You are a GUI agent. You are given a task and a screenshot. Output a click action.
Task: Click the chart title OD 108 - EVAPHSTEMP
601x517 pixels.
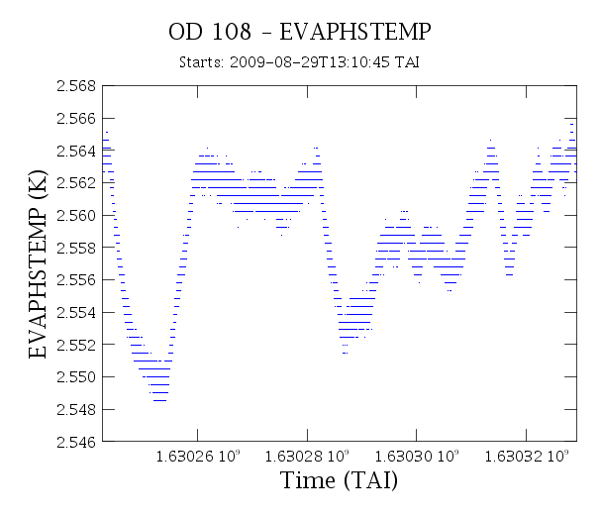(x=300, y=32)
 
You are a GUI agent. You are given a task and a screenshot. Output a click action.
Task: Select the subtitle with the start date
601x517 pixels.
(x=299, y=61)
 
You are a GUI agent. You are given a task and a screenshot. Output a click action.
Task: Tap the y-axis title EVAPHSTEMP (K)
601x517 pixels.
(x=38, y=264)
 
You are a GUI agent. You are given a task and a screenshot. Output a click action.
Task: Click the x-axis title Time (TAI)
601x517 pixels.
(x=340, y=480)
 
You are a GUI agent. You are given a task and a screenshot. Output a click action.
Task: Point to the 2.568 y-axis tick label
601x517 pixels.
(x=76, y=86)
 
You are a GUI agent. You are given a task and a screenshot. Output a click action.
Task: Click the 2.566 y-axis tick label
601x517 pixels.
(x=76, y=119)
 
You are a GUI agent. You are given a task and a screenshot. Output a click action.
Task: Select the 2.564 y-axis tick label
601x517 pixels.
(x=76, y=152)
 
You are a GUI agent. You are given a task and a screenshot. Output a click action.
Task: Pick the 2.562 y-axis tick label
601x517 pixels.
(x=76, y=183)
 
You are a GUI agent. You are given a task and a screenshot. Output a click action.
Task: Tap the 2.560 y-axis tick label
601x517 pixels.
(x=76, y=216)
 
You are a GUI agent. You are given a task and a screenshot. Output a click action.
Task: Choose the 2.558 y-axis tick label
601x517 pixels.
(x=76, y=248)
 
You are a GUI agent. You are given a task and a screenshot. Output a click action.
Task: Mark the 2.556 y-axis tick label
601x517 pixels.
(x=76, y=280)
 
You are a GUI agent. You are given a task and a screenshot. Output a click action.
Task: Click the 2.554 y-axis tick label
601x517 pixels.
(x=76, y=313)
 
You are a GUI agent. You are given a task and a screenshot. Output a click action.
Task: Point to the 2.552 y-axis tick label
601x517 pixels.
(x=76, y=345)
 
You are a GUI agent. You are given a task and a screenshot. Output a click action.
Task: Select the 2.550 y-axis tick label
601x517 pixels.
(x=76, y=377)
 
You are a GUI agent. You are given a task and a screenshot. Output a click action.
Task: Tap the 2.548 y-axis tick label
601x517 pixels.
(x=76, y=410)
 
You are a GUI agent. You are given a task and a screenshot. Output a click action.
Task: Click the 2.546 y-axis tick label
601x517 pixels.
(x=76, y=442)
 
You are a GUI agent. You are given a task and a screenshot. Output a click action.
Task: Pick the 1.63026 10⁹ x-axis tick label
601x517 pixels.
(x=198, y=456)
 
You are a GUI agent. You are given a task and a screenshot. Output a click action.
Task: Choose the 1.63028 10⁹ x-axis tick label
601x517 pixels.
(x=307, y=456)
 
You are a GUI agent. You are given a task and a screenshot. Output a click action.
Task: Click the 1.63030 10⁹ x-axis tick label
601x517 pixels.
(x=417, y=456)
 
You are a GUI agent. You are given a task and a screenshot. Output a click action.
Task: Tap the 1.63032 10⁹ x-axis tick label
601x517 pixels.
(x=527, y=456)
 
